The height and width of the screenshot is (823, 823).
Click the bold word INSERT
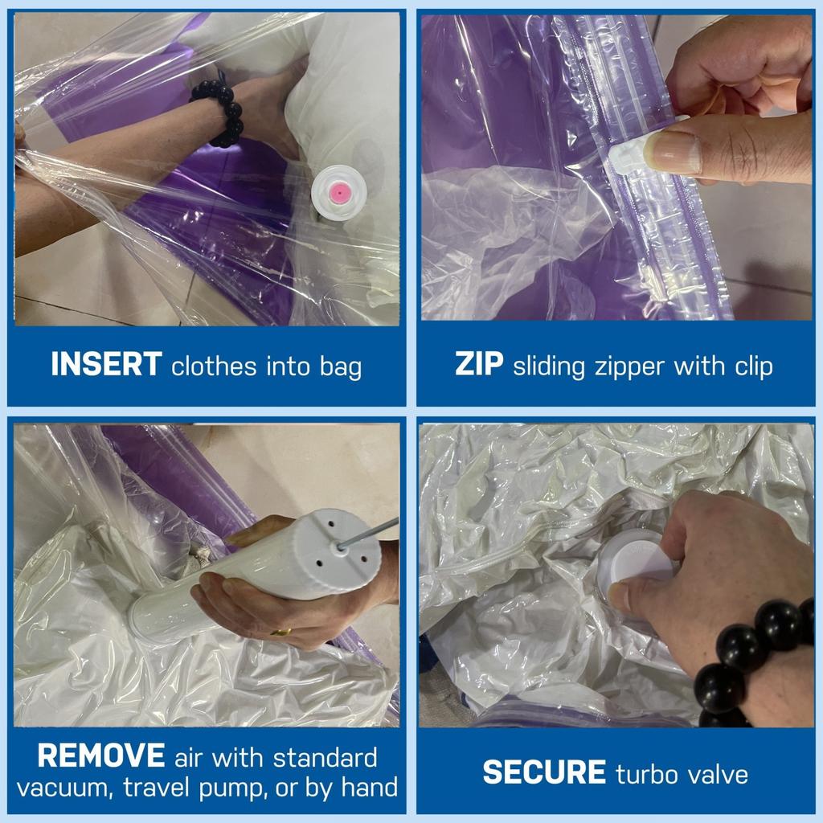tap(106, 365)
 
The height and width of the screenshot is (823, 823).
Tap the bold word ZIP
tap(479, 365)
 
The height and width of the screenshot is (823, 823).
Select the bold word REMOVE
tap(101, 756)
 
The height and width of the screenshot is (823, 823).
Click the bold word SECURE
tap(544, 773)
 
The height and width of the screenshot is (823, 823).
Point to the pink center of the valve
tap(341, 192)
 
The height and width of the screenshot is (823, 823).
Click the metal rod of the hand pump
tap(371, 534)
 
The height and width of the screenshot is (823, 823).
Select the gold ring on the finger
tap(280, 632)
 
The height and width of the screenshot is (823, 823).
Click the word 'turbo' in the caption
tap(645, 774)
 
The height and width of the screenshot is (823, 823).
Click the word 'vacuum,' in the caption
tap(65, 787)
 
